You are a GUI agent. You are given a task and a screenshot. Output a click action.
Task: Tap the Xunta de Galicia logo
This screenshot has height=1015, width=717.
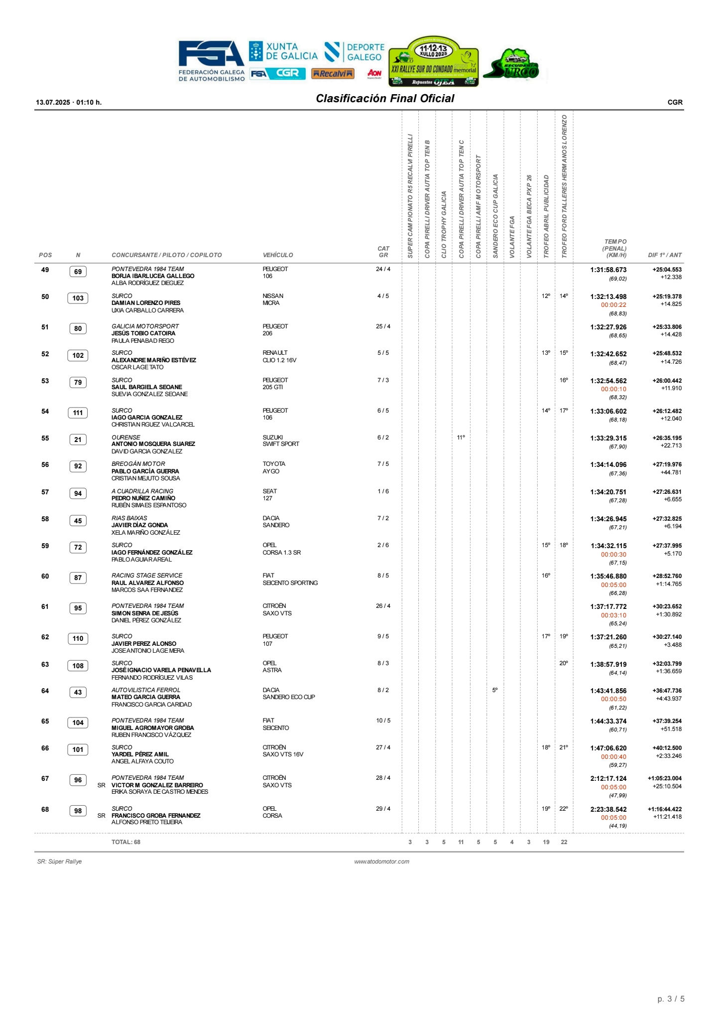pyautogui.click(x=283, y=52)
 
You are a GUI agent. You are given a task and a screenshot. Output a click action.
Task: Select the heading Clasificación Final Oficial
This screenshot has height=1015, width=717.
pyautogui.click(x=385, y=99)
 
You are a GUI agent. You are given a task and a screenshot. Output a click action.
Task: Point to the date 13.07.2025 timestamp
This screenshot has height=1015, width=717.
pyautogui.click(x=69, y=102)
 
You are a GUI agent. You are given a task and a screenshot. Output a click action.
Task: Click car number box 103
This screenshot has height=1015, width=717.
pyautogui.click(x=78, y=298)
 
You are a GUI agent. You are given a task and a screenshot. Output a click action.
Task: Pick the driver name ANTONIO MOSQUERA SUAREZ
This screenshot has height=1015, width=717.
pyautogui.click(x=153, y=444)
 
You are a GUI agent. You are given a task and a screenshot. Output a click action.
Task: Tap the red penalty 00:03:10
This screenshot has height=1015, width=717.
pyautogui.click(x=613, y=615)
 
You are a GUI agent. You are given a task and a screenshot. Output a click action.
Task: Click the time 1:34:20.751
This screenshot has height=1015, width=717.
pyautogui.click(x=608, y=492)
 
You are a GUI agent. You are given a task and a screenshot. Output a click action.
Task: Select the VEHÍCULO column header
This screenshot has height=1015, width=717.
pyautogui.click(x=278, y=255)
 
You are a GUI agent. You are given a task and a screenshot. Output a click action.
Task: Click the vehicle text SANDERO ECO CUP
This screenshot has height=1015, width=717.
pyautogui.click(x=289, y=697)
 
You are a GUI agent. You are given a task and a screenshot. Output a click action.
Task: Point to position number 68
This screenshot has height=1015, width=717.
pyautogui.click(x=45, y=810)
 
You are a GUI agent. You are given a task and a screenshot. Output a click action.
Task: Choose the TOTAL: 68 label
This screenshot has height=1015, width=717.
pyautogui.click(x=126, y=842)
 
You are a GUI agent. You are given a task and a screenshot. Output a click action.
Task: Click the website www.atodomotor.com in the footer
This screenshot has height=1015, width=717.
pyautogui.click(x=382, y=862)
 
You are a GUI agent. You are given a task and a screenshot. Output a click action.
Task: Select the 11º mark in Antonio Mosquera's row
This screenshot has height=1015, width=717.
pyautogui.click(x=461, y=437)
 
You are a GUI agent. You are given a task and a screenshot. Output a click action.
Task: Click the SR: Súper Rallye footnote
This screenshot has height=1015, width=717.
pyautogui.click(x=59, y=862)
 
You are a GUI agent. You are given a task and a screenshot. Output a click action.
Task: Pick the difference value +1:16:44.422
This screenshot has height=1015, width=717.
pyautogui.click(x=664, y=809)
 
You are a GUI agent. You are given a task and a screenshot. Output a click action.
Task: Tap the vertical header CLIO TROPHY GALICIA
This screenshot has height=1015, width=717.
pyautogui.click(x=444, y=224)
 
